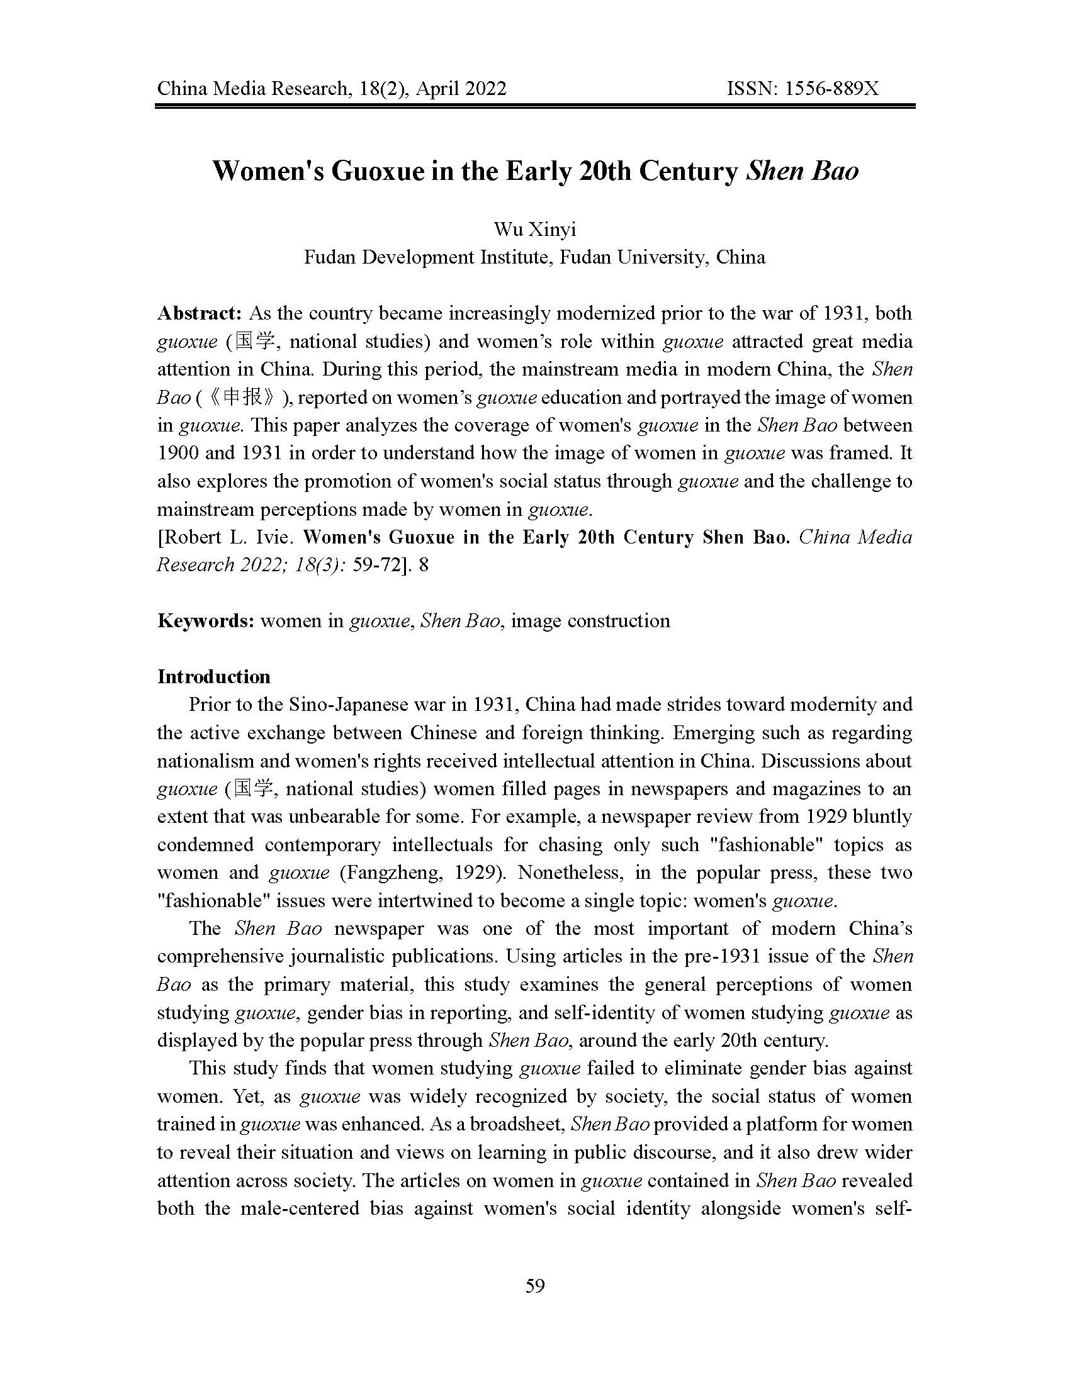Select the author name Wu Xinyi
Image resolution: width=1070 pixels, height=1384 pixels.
point(534,230)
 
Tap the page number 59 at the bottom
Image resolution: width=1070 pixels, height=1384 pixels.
point(535,1285)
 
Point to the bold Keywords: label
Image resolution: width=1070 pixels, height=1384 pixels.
point(205,620)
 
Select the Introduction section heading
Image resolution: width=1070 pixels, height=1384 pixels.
point(213,677)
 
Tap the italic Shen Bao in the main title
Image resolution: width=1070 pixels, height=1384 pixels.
point(802,171)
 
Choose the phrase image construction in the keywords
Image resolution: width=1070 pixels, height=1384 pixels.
point(590,620)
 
